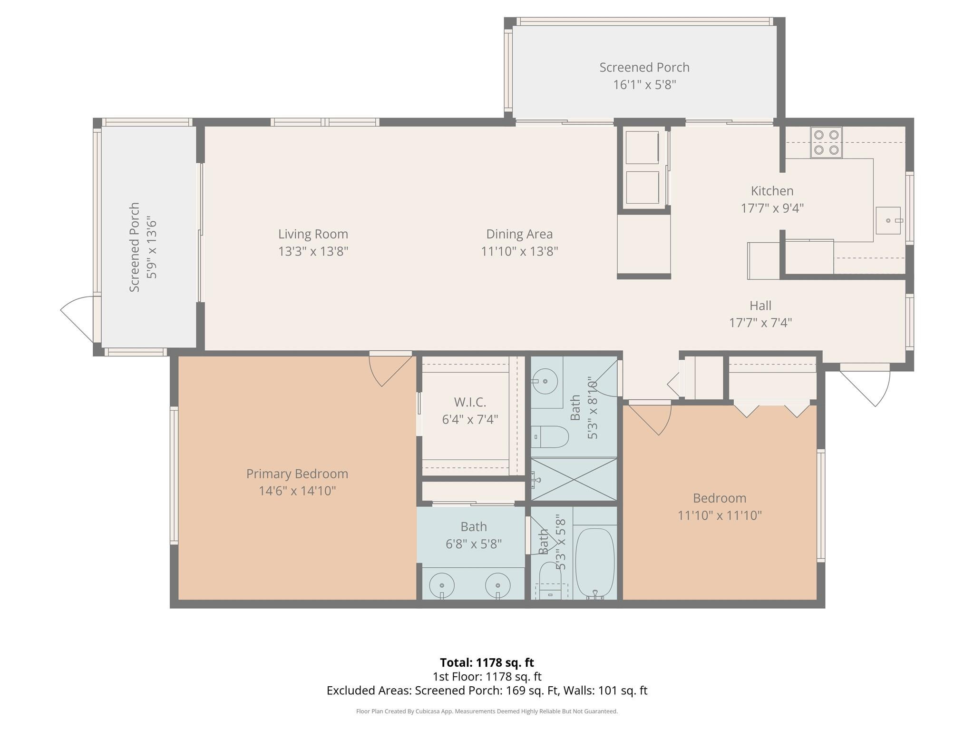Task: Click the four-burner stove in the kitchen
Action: (826, 142)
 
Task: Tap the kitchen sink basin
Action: (888, 220)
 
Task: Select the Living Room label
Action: (313, 234)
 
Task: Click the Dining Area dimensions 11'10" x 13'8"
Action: (519, 251)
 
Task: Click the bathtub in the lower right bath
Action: (594, 563)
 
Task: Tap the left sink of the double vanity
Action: (442, 585)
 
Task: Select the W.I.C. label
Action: (470, 403)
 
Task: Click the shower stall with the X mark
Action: (574, 479)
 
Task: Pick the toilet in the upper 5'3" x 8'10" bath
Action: (552, 436)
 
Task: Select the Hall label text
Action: (760, 306)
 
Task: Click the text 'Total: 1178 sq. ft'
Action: (487, 662)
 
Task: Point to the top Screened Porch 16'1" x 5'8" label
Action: (644, 68)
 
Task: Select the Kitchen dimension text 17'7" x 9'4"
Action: (772, 208)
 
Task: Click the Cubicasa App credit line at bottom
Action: (487, 711)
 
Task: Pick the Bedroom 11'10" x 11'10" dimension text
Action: (719, 515)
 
